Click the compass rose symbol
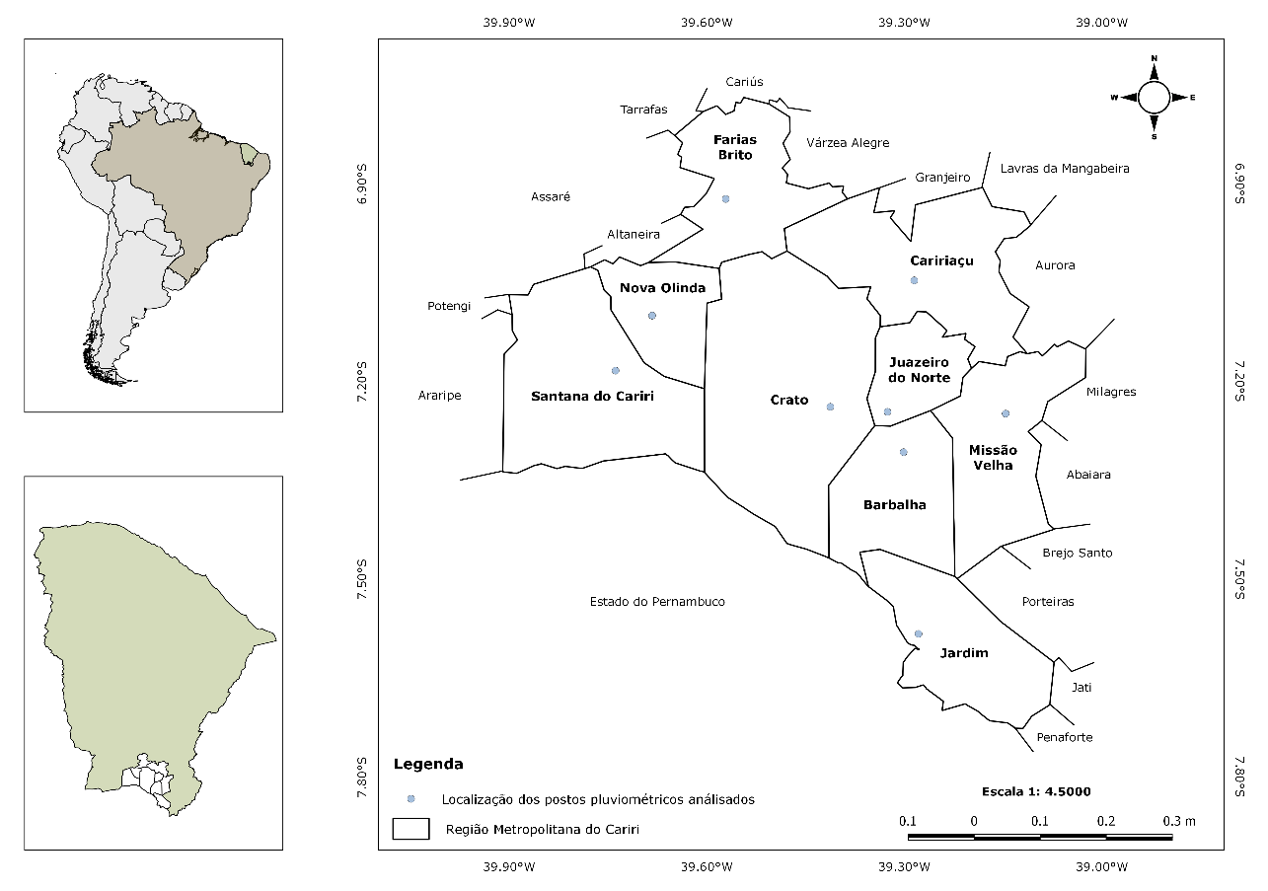click(x=1154, y=97)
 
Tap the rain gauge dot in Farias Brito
click(x=725, y=198)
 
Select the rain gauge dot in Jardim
click(x=919, y=633)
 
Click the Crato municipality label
click(x=788, y=401)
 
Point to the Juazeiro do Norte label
click(x=919, y=369)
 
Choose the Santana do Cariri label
click(x=592, y=397)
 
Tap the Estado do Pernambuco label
click(x=657, y=601)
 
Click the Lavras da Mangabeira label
click(x=1065, y=169)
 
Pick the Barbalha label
click(x=894, y=504)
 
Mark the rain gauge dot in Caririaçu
click(x=914, y=280)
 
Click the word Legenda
click(x=428, y=764)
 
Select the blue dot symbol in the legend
click(x=410, y=798)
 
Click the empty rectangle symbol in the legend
click(x=410, y=829)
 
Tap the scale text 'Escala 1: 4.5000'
click(x=1036, y=791)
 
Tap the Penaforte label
click(x=1065, y=737)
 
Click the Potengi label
click(x=449, y=306)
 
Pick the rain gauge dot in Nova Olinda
click(x=651, y=316)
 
